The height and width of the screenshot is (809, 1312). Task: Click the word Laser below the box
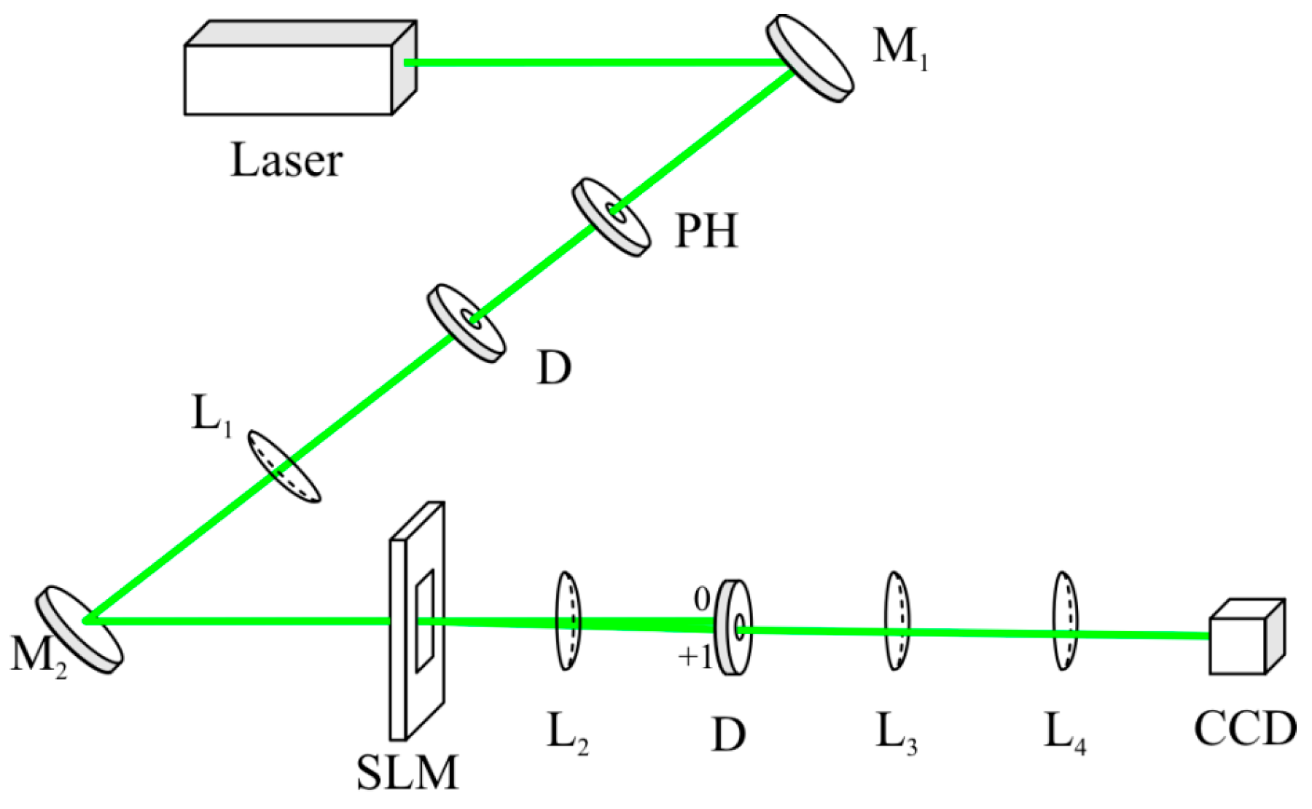286,161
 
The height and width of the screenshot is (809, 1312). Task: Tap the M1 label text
899,49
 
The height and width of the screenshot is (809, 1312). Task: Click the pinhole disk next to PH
612,217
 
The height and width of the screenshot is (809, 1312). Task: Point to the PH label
706,232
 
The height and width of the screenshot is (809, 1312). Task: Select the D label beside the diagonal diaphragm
554,369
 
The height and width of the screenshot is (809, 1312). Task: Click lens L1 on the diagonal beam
284,466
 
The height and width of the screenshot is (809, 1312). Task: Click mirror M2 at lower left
79,628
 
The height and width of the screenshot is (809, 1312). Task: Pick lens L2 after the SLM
568,621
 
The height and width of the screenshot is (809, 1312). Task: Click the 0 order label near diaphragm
701,600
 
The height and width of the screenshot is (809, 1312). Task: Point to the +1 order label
695,658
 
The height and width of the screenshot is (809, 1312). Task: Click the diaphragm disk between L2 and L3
733,627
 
